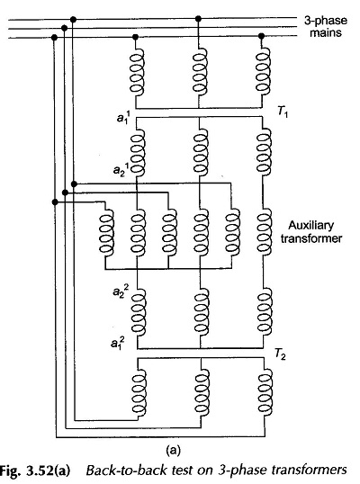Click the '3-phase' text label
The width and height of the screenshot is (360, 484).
(326, 21)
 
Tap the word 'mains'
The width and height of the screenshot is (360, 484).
(326, 32)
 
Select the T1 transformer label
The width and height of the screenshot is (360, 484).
(282, 112)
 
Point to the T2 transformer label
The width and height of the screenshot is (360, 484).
(280, 354)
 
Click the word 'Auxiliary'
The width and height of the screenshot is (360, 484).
(310, 225)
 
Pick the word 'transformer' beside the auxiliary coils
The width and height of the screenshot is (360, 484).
(311, 238)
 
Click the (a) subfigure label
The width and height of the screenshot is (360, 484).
(173, 450)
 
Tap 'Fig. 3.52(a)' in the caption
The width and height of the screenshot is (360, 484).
(35, 471)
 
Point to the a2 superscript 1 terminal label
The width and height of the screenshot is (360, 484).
(121, 168)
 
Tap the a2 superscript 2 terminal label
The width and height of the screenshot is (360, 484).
(121, 291)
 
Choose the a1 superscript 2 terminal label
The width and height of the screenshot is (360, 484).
(118, 342)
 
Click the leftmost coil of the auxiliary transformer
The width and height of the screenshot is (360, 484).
(106, 232)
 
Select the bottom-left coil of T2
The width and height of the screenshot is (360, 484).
(139, 391)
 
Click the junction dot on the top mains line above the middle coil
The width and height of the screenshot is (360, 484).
(199, 19)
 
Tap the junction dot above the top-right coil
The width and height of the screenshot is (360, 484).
(262, 36)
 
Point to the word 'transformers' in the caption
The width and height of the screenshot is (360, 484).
(309, 471)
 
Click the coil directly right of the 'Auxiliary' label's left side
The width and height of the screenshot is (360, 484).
(264, 232)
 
